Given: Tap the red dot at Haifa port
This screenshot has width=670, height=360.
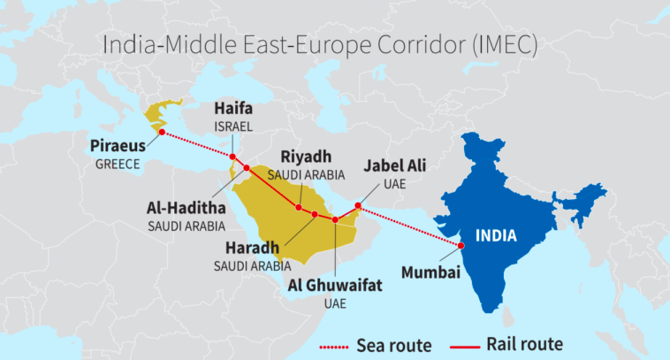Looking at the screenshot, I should pos(232,157).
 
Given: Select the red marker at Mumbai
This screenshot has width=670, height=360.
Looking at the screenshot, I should pos(461,245).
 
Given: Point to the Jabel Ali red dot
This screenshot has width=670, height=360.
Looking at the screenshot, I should pos(357,207).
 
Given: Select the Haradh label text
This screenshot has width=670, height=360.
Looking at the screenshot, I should pos(252,248).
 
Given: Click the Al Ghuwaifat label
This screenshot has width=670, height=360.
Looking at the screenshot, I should pos(336,286).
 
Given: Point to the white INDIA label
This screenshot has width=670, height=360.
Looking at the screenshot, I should pos(496,235).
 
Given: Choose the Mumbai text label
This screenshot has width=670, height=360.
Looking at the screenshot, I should pos(430,272).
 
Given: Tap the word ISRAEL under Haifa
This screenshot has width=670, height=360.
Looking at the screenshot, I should pos(233,126).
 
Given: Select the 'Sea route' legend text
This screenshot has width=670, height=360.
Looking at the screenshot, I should pos(394,344).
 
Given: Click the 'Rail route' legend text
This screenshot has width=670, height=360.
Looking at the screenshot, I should pos(524,343).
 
